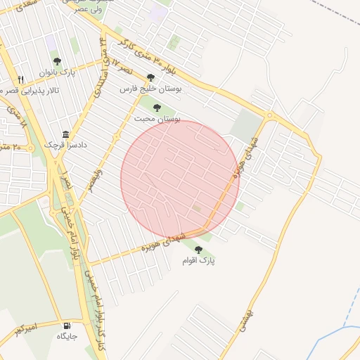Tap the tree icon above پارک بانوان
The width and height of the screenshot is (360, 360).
point(57,61)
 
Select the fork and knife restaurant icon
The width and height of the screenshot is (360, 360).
point(22,79)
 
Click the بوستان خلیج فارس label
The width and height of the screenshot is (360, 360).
point(150,89)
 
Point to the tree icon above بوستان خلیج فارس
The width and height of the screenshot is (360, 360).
point(150,77)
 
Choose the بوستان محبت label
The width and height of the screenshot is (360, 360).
point(157,119)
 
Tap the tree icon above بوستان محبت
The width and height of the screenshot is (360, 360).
point(156,107)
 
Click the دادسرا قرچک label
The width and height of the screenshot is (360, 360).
point(65,144)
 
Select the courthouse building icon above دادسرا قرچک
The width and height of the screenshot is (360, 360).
point(65,134)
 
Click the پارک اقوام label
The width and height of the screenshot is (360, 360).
point(199,260)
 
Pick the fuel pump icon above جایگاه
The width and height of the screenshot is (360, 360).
point(67,326)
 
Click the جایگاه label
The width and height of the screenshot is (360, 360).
point(67,336)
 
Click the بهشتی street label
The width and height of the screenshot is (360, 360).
point(254,307)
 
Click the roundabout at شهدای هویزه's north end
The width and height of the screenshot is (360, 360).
point(269,115)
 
